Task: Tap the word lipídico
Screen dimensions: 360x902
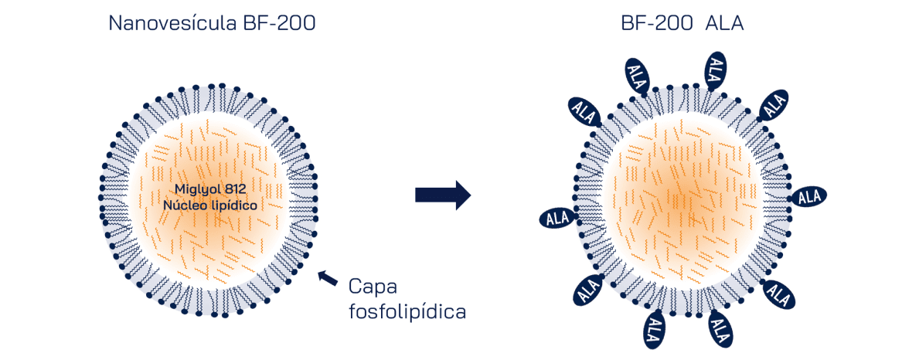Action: point(233,205)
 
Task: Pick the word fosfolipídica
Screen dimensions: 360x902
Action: point(407,312)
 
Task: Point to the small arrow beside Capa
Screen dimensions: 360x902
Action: point(328,277)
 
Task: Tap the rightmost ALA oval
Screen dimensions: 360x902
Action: point(808,197)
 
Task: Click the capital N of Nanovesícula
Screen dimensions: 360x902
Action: point(115,22)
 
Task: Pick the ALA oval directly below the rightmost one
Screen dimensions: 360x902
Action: point(778,294)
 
